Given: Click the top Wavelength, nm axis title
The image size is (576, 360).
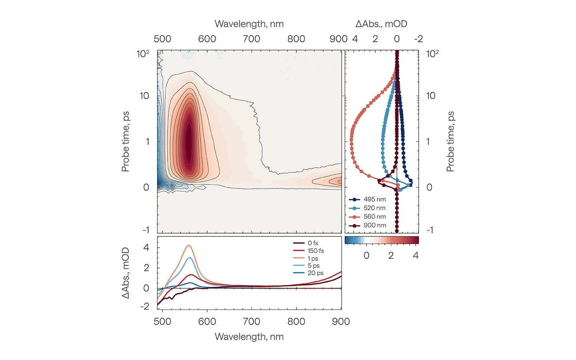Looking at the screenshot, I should pos(249,24).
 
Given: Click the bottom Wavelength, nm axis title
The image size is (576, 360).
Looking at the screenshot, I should pos(249,337).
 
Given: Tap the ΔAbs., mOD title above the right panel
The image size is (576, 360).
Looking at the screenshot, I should pos(381,24).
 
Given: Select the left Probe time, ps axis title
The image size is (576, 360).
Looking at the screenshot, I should pos(126,142).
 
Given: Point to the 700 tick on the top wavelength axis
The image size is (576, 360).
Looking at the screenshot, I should pos(252,39).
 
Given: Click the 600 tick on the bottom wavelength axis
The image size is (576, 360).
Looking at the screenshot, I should pos(207,322).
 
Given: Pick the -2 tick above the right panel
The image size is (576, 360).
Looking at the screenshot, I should pos(418,39).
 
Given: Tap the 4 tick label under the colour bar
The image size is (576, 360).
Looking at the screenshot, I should pos(416,256).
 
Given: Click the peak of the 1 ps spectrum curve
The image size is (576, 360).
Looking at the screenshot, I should pos(189,246).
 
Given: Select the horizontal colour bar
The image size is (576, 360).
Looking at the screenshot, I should pos(382,240).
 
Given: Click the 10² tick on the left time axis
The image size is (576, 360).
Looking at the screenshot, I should pos(143,54).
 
